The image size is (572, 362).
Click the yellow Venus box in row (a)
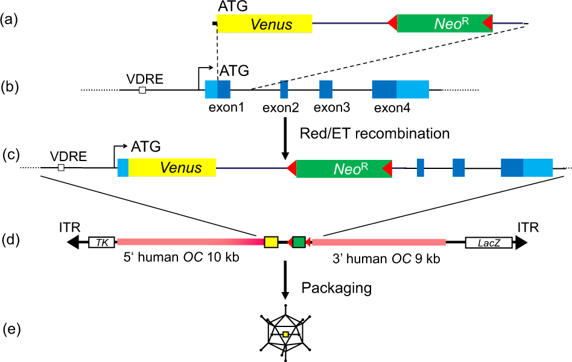(x=264, y=24)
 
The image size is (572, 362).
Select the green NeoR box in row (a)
(x=444, y=24)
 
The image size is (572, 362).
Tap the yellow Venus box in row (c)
(x=172, y=167)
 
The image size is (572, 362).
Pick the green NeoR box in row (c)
(x=344, y=168)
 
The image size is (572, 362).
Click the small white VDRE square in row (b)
(x=142, y=91)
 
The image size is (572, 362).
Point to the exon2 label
(x=281, y=108)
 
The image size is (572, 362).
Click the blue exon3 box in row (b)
(x=326, y=89)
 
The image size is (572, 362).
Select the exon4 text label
(x=392, y=108)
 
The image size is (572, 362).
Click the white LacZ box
(x=488, y=243)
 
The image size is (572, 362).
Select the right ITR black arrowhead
(x=520, y=243)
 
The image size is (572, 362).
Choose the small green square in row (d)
(x=298, y=242)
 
